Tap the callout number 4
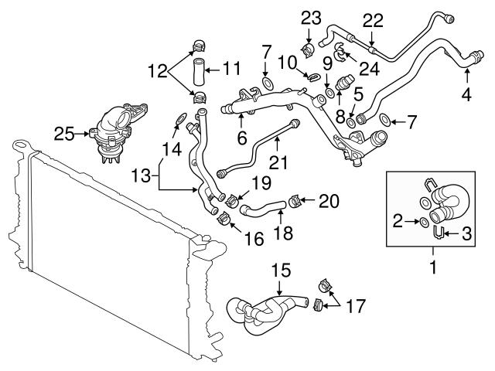(x=466, y=96)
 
